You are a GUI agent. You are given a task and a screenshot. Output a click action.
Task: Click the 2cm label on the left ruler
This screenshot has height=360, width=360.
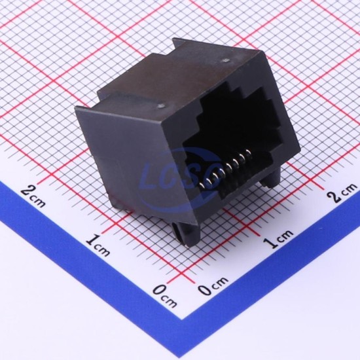coord(33,196)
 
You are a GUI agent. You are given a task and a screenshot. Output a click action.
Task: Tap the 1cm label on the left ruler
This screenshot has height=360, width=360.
coord(98,245)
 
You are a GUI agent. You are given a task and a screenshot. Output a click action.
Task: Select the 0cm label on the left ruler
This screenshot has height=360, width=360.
coord(165,296)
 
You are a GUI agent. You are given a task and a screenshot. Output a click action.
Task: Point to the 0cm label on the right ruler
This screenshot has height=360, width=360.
coord(213,285)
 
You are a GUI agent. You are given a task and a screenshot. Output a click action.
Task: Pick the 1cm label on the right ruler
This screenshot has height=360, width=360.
coord(278,238)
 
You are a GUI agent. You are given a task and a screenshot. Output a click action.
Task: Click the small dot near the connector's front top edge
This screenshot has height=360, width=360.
coord(162,106)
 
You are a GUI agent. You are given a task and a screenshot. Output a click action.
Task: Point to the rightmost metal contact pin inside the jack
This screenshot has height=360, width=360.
coord(247,153)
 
